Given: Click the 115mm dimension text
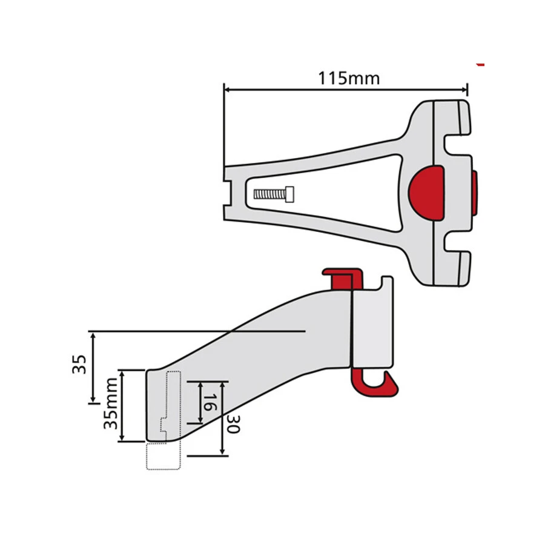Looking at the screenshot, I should [x=348, y=78].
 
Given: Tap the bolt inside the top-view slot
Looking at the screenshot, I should [x=274, y=194].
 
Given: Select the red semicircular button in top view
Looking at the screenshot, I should [x=426, y=194].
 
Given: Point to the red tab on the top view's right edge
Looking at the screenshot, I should [x=474, y=193].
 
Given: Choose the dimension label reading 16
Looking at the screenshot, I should [x=209, y=402].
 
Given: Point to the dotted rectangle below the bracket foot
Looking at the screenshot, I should [x=163, y=456].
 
